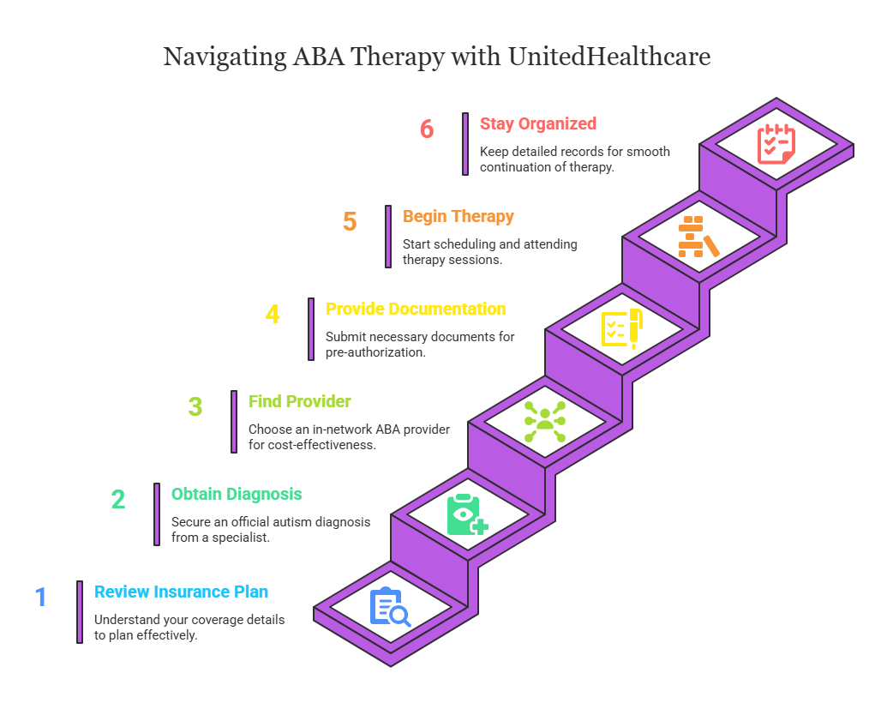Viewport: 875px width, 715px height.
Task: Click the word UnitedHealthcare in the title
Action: tap(609, 57)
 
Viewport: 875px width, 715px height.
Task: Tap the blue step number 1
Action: tap(41, 597)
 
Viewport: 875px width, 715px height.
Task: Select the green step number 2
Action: tap(117, 499)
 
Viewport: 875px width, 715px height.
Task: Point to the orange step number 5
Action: tap(350, 221)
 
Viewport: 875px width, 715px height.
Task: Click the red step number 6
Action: tap(426, 129)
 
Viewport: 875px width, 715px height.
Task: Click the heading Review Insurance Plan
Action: tap(181, 592)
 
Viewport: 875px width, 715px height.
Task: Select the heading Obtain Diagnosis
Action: tap(237, 494)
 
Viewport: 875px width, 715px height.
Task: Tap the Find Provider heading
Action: tap(300, 401)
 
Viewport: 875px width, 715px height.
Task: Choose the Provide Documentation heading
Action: tap(416, 309)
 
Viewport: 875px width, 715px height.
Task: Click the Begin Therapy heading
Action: tap(458, 216)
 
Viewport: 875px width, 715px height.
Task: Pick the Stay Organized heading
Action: tap(538, 123)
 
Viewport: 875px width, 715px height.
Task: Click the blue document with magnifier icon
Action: tap(390, 607)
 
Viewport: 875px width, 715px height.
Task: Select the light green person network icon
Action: tap(545, 422)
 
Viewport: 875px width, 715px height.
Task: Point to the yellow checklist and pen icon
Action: tap(622, 328)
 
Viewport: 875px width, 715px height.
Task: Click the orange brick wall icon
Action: tap(698, 237)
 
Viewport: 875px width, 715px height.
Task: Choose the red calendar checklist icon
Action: tap(776, 144)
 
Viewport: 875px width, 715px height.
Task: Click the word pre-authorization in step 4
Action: tap(375, 352)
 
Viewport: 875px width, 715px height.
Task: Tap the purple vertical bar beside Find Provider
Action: tap(234, 422)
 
